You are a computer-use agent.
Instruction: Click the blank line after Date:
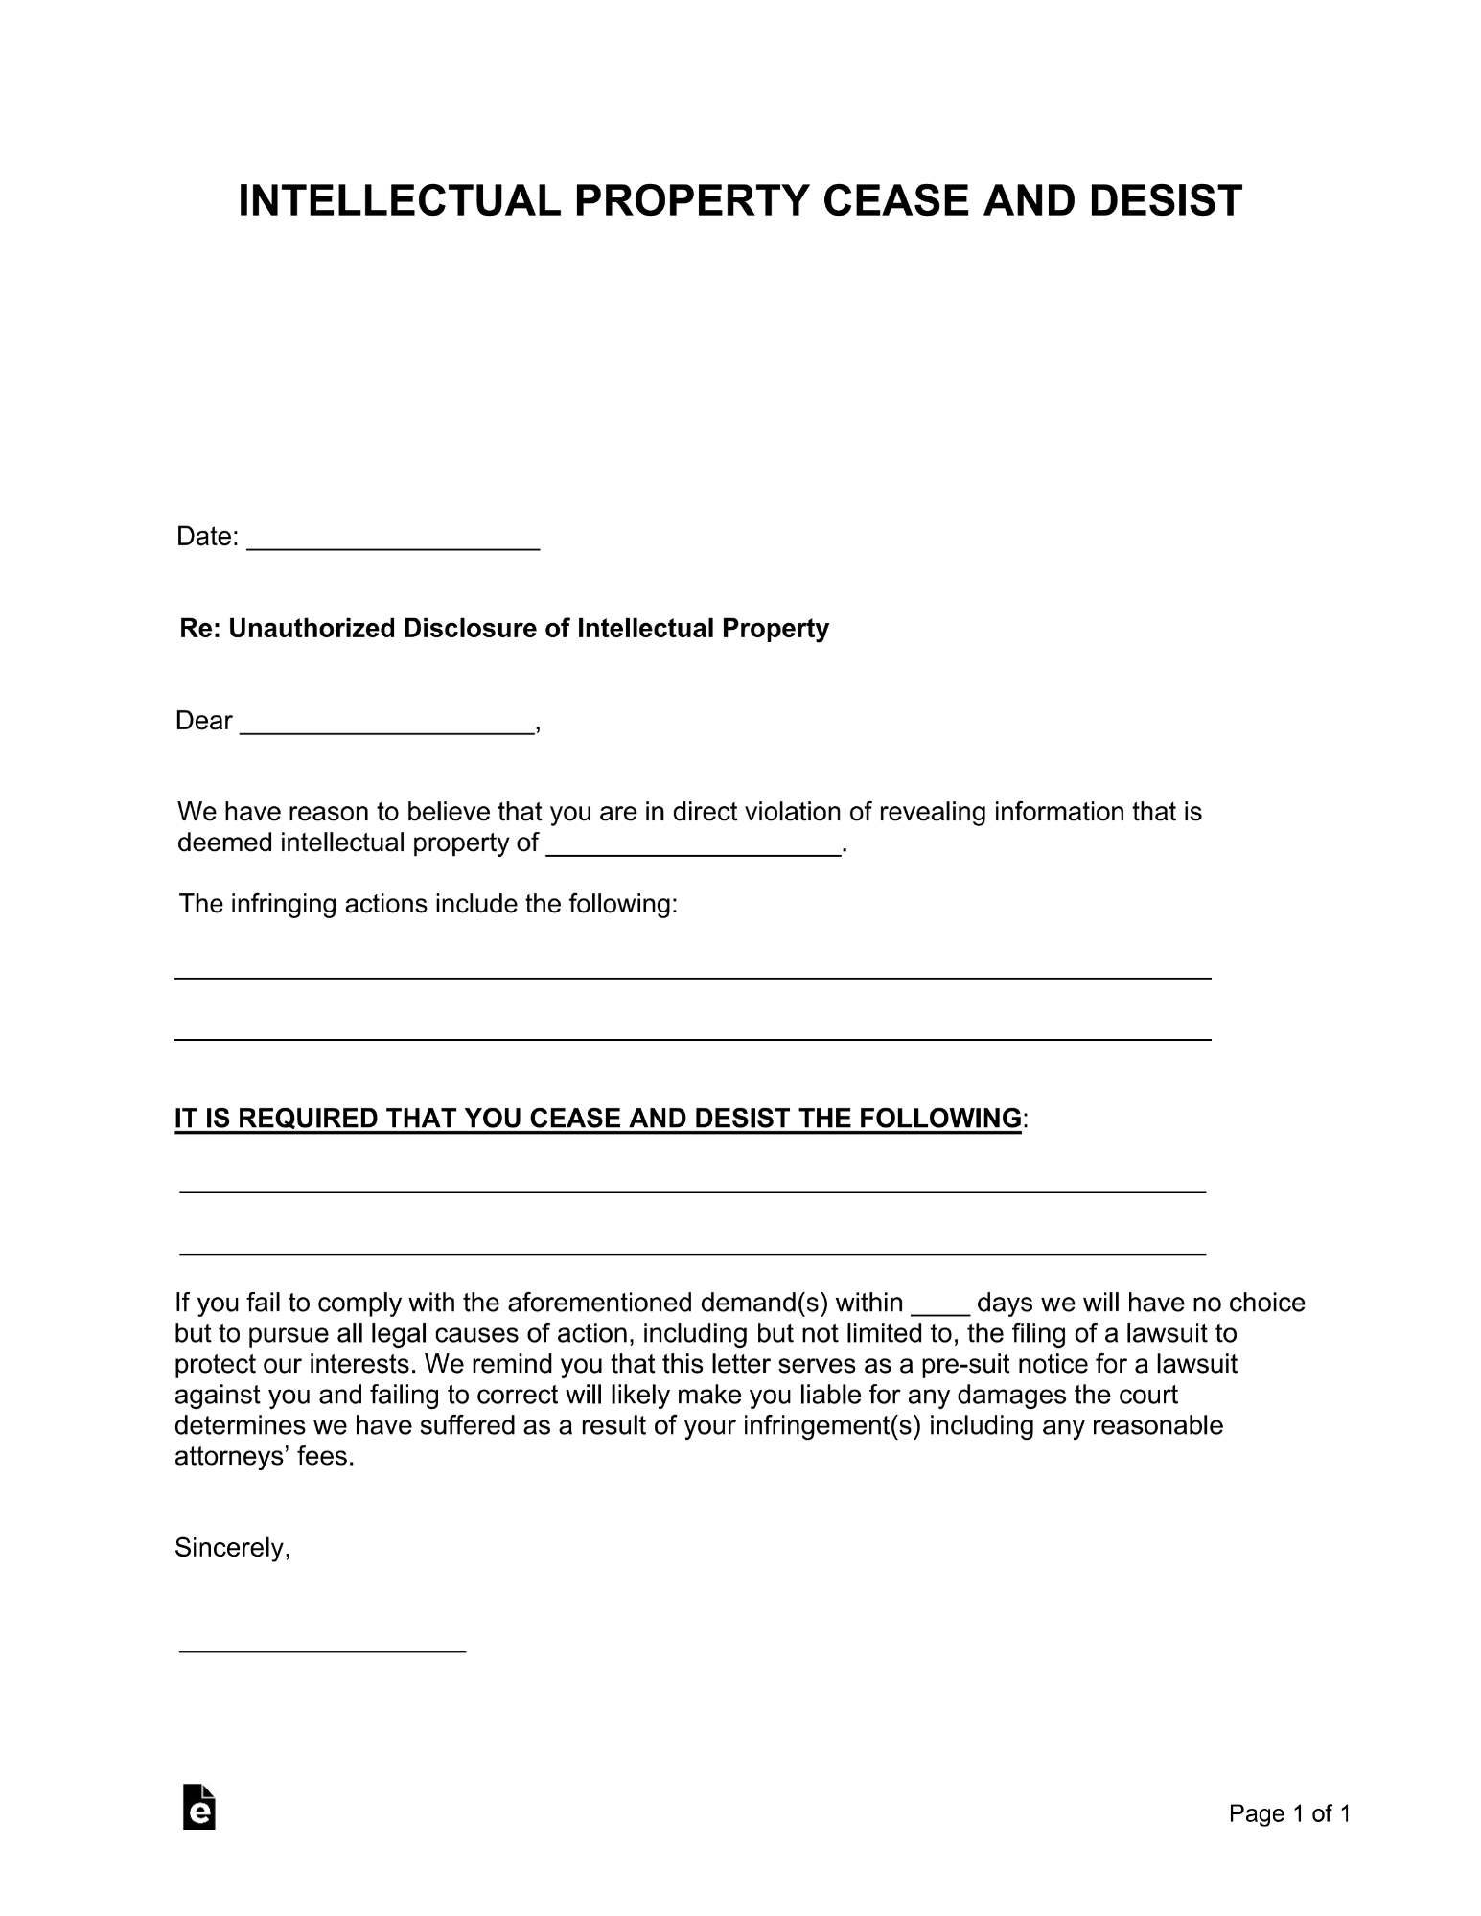point(393,544)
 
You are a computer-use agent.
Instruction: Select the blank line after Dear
point(386,728)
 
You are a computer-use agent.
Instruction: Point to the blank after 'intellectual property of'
point(692,849)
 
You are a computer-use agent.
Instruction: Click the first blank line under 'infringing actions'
point(692,977)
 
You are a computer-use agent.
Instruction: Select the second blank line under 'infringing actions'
point(692,1038)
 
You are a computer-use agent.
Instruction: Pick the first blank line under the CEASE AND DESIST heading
point(692,1191)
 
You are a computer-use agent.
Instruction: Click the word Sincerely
point(231,1549)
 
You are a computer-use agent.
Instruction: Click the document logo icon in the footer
point(198,1808)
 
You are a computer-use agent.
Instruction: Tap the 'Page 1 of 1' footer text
point(1289,1813)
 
